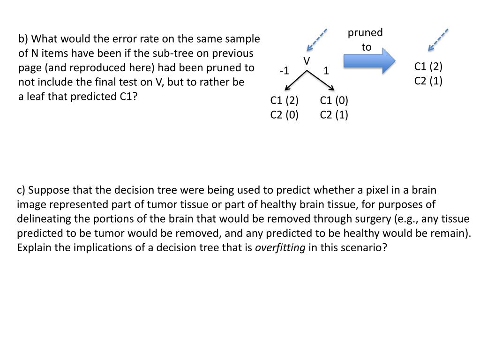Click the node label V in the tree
[307, 61]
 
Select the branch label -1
[284, 71]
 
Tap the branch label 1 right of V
[326, 71]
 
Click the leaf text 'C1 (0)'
[334, 100]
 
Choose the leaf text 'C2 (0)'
[284, 114]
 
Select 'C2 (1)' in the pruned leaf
[428, 81]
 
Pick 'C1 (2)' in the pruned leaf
[428, 67]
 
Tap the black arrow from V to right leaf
[321, 80]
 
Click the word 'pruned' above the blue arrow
[365, 33]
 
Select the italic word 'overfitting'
[280, 248]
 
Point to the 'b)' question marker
[23, 39]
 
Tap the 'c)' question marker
[21, 190]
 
